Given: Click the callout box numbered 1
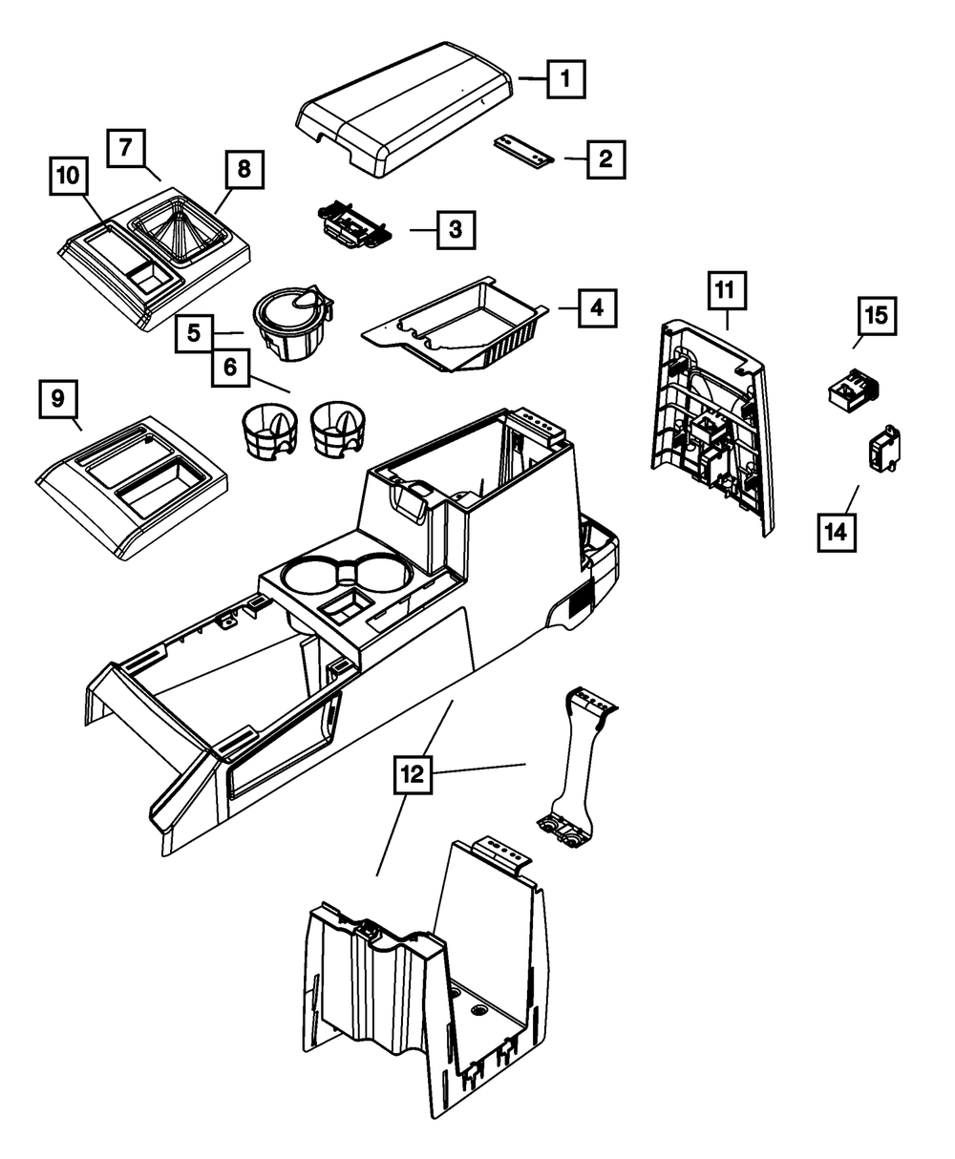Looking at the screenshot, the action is [565, 79].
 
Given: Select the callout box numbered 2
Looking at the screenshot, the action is [606, 159].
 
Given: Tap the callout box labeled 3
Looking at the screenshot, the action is [456, 230].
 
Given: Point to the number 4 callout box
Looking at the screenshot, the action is [598, 308].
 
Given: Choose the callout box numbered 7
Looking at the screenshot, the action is [126, 148].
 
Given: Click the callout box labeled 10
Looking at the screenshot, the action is [69, 176].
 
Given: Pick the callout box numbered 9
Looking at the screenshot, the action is [58, 399].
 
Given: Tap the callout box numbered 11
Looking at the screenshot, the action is [727, 290].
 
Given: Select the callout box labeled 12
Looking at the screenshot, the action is [413, 774].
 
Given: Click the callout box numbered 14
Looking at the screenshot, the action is [837, 533].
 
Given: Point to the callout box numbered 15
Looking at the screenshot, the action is [877, 316].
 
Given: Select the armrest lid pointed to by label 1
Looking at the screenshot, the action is [404, 109].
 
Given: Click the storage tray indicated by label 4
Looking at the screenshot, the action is [456, 325].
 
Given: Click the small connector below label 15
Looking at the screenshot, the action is [854, 390].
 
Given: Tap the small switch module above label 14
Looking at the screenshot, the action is [884, 451].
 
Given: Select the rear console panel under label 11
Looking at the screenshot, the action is [713, 428].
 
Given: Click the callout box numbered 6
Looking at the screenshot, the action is [230, 368].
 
